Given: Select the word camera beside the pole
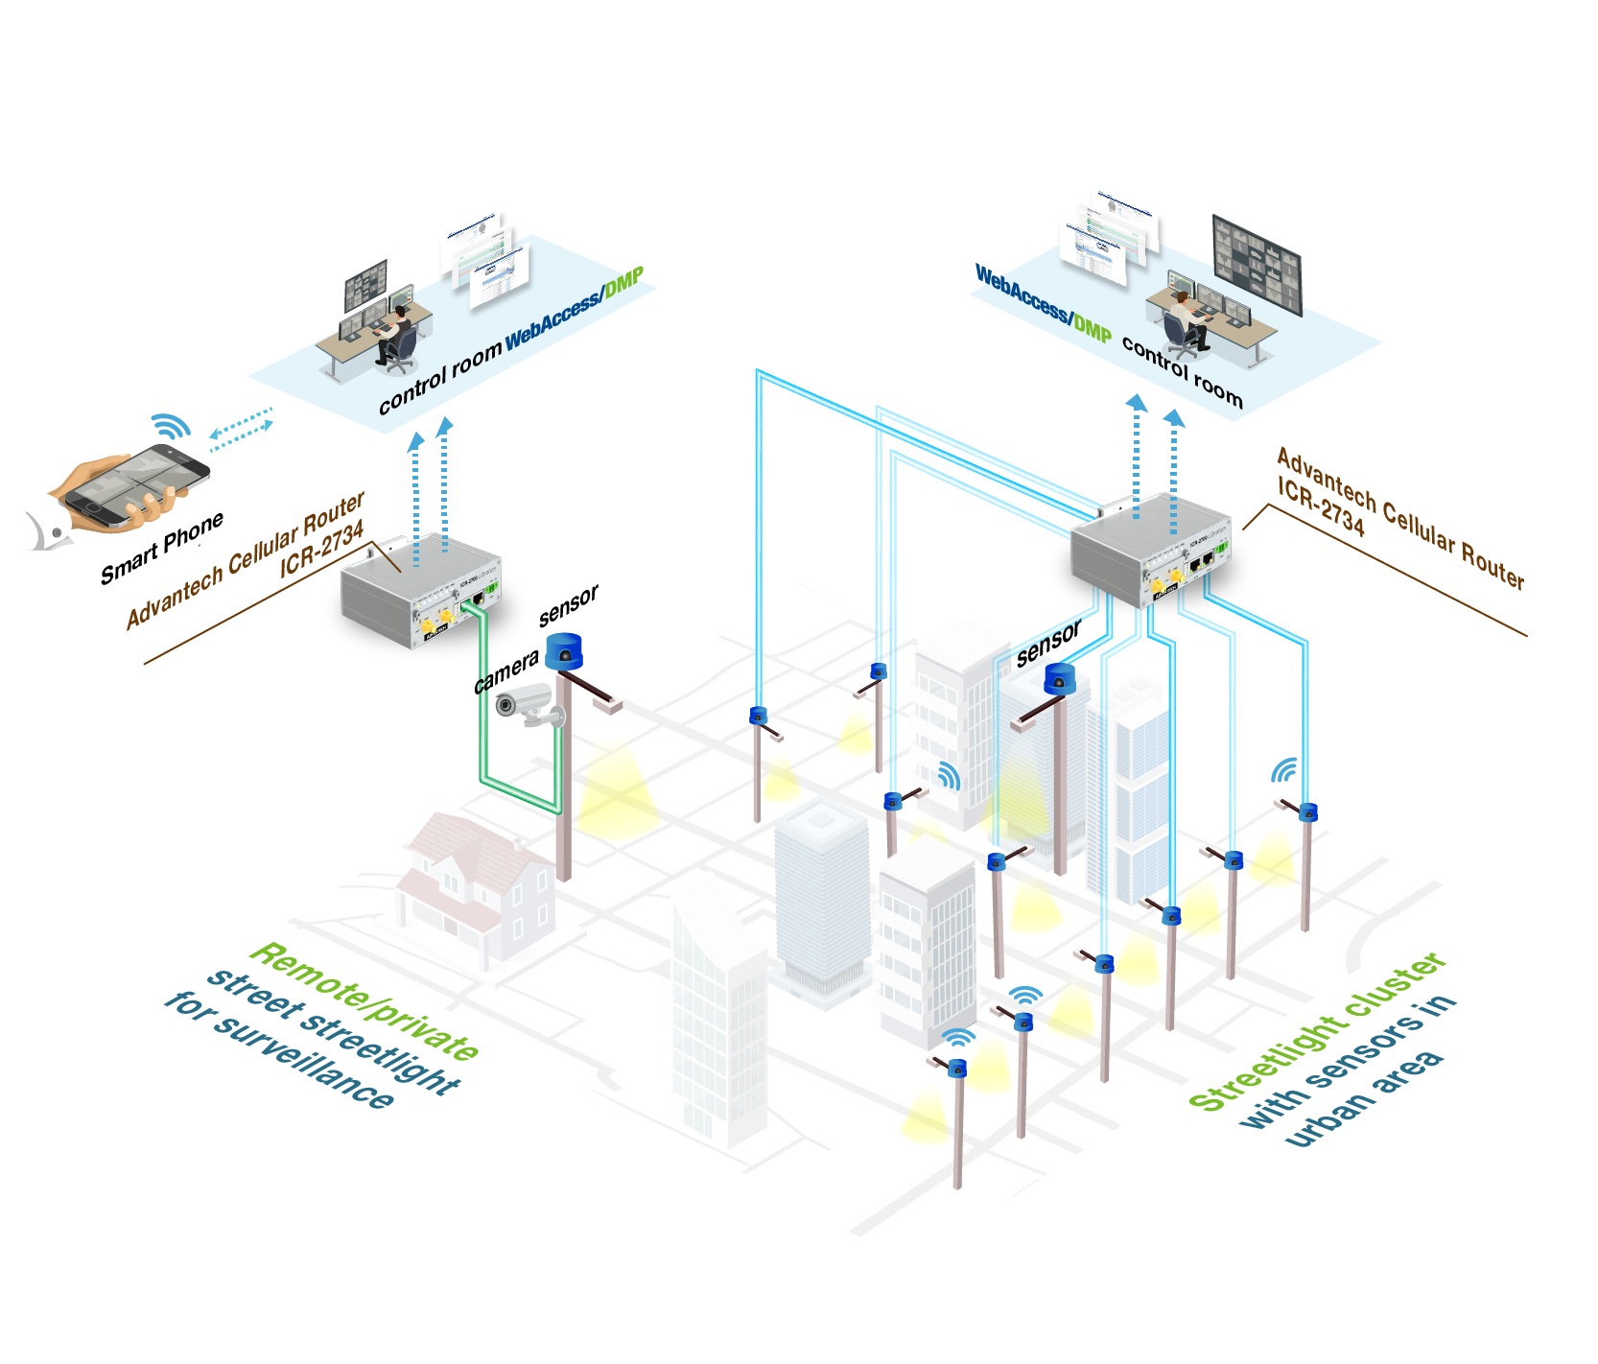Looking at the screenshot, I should click(505, 671).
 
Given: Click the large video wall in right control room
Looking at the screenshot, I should click(1256, 265).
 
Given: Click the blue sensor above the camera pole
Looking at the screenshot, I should click(564, 651).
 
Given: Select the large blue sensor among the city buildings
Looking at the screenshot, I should click(1059, 679).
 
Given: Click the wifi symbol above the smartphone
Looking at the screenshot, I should click(171, 425).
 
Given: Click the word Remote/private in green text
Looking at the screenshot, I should click(364, 1000).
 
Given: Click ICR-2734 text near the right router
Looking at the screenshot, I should click(1320, 506).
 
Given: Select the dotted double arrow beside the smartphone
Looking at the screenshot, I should click(241, 429).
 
